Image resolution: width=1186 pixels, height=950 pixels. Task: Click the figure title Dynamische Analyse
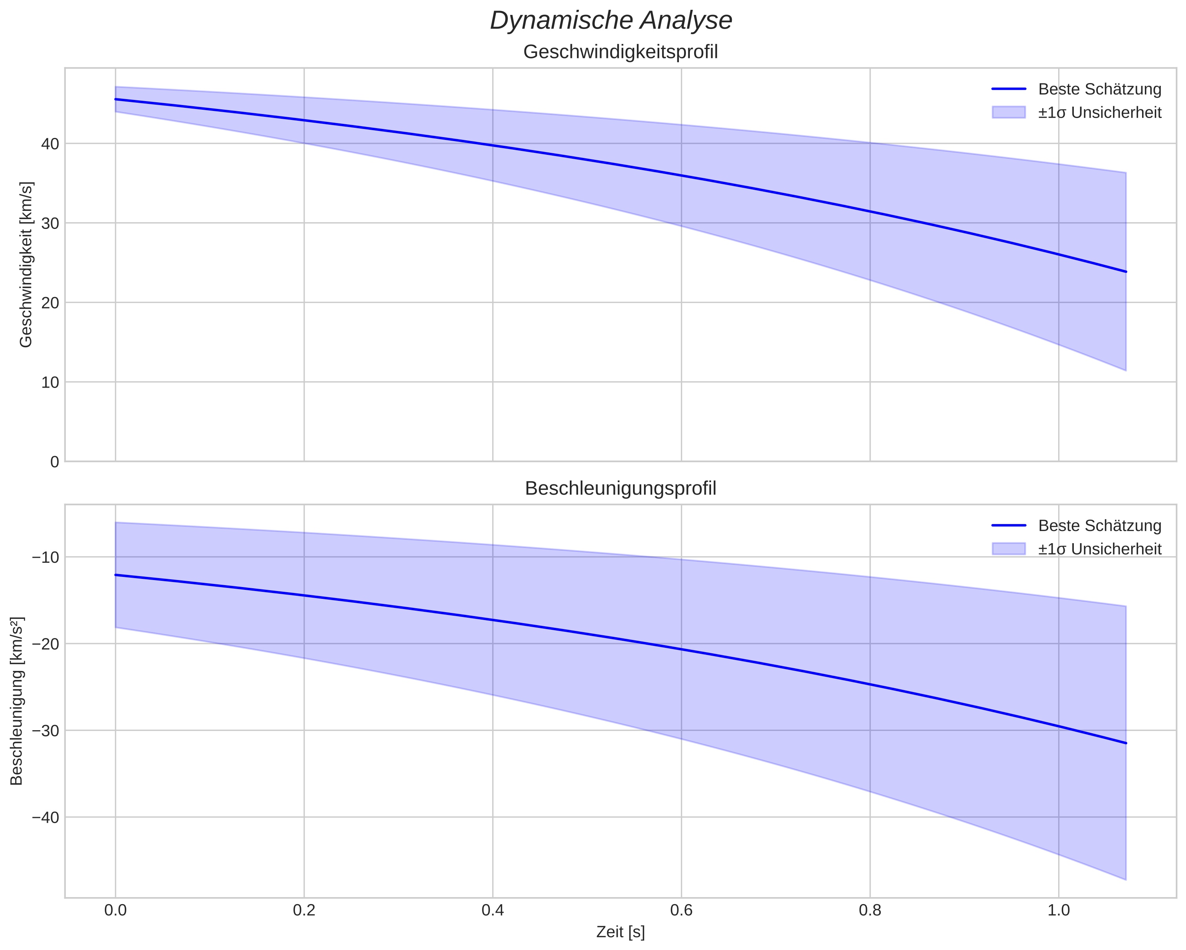(611, 21)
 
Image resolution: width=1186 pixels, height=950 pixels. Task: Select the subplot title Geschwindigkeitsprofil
(620, 52)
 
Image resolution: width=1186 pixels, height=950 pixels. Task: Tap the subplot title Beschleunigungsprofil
(620, 489)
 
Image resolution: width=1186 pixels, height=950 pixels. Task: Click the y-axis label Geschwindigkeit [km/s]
(26, 265)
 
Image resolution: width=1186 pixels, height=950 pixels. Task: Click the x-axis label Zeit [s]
(620, 932)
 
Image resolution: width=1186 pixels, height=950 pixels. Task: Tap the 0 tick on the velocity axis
(55, 462)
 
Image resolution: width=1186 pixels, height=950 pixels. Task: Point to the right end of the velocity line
(1126, 272)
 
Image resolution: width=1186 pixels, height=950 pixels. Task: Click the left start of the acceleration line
(116, 575)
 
